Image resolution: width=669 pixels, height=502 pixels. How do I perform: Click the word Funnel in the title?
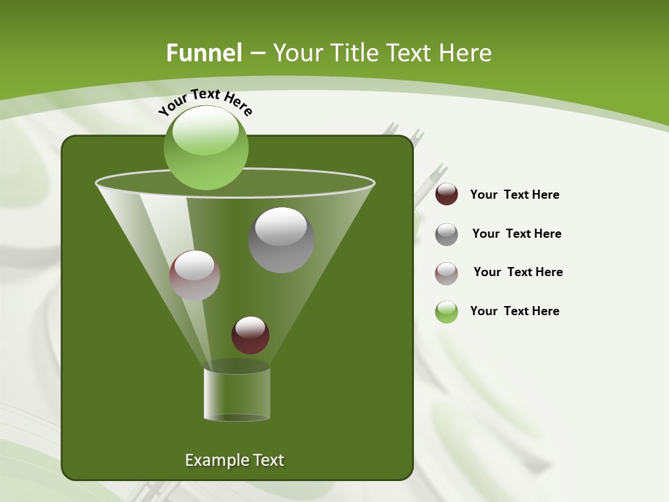(203, 53)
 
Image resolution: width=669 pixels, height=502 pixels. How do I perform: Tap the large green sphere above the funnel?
(206, 148)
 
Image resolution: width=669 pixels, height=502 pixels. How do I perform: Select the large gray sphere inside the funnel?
(281, 240)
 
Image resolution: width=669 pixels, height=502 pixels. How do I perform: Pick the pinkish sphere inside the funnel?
(194, 275)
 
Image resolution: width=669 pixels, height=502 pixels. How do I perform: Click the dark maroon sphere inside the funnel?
(250, 335)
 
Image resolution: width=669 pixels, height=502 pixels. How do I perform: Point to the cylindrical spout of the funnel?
(237, 394)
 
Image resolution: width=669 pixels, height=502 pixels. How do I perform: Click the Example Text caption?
(234, 460)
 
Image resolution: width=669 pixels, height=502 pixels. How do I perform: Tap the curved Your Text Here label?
(205, 102)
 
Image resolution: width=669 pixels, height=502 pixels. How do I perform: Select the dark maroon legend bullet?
(447, 195)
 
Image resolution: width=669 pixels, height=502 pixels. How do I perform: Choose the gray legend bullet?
(447, 234)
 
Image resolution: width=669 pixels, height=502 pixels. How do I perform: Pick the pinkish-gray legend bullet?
(447, 273)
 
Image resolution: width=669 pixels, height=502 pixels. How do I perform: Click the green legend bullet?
(447, 312)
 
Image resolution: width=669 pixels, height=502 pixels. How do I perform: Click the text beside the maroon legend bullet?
(514, 195)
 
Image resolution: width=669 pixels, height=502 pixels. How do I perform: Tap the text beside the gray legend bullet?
(516, 234)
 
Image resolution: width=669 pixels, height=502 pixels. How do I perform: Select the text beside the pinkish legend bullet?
(518, 273)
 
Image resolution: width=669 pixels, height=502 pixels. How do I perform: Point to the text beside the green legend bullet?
(514, 312)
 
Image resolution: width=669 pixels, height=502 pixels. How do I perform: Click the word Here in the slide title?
(468, 53)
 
